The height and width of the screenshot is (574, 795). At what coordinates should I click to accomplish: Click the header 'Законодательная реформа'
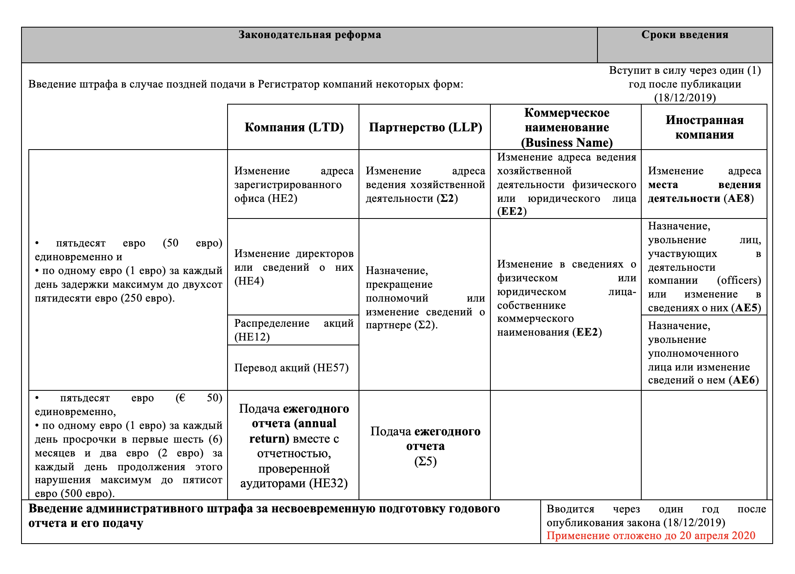click(309, 35)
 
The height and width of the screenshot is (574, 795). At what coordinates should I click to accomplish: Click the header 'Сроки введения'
click(685, 35)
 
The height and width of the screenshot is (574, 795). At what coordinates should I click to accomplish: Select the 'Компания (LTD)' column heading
click(294, 127)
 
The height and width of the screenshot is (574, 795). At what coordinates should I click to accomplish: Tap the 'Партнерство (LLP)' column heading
click(425, 127)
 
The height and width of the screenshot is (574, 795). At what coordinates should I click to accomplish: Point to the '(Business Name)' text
click(567, 142)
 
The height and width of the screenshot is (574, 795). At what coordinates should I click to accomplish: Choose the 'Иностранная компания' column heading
click(704, 127)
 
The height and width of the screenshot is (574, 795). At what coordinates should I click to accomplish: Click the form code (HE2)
click(282, 198)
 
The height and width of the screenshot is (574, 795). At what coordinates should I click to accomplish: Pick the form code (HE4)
click(249, 281)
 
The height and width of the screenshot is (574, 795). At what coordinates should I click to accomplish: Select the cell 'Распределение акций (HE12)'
click(293, 330)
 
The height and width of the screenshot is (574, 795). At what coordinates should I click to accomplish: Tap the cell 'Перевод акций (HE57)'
click(291, 368)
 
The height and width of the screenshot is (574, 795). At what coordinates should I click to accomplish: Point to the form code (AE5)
click(746, 308)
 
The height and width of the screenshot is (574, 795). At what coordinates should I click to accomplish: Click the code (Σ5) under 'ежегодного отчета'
click(425, 461)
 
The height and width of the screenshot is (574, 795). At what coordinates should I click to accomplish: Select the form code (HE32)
click(328, 483)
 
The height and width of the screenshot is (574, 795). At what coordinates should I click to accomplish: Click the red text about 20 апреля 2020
click(651, 535)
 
